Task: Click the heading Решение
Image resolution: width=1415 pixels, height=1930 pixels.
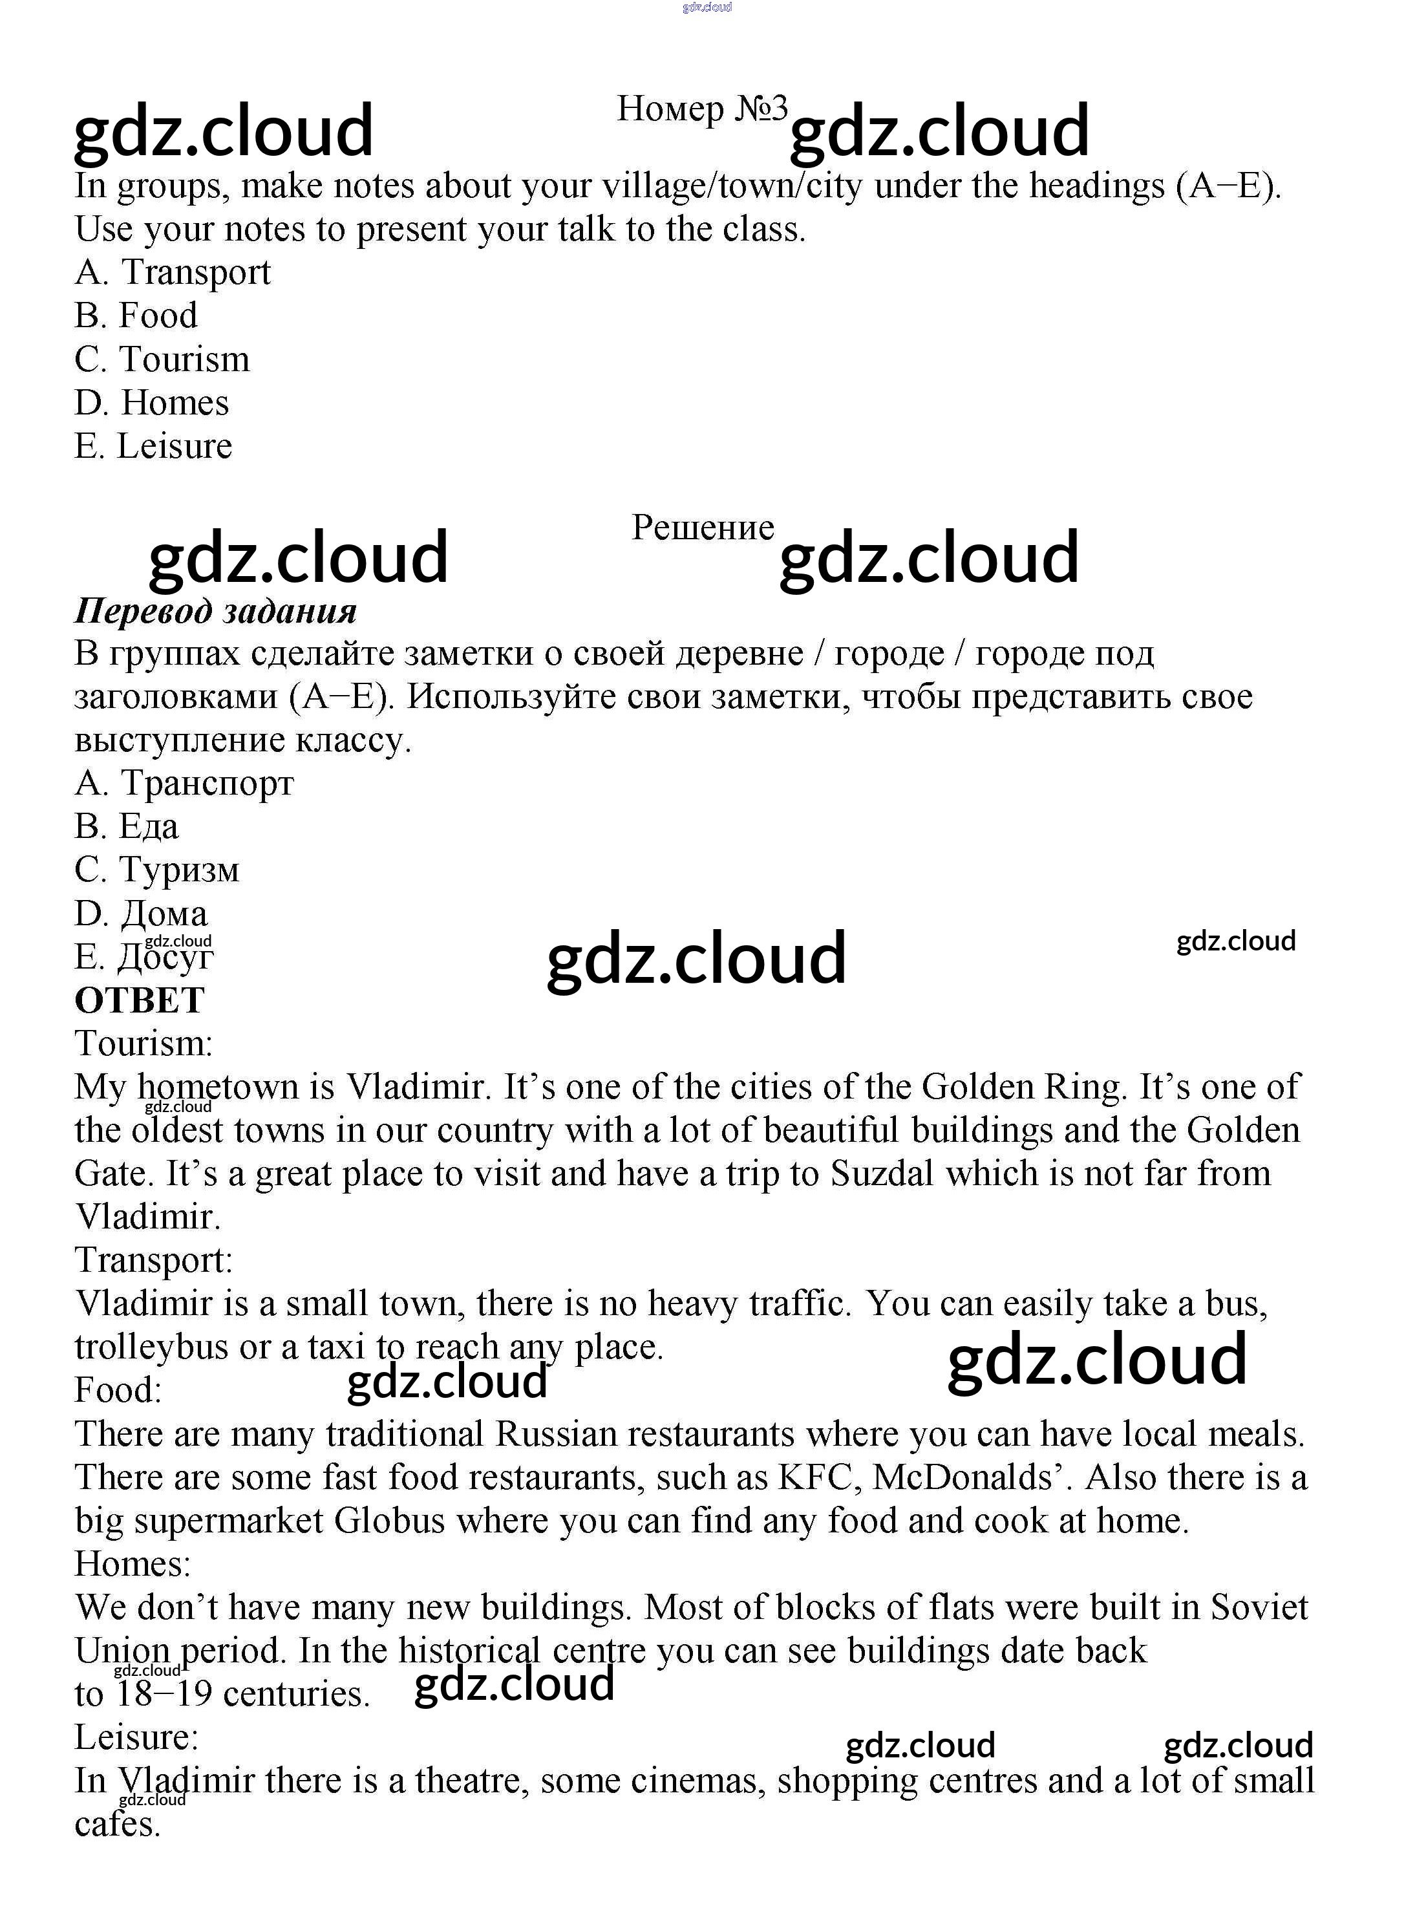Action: pyautogui.click(x=703, y=528)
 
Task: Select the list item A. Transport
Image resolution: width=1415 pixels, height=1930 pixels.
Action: pyautogui.click(x=172, y=272)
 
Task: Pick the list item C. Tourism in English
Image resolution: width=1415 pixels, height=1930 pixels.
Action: pyautogui.click(x=162, y=359)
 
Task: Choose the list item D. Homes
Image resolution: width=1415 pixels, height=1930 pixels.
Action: pyautogui.click(x=152, y=403)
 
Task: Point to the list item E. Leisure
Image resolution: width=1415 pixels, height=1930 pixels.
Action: pyautogui.click(x=153, y=446)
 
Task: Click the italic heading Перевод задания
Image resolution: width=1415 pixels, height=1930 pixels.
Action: pyautogui.click(x=215, y=611)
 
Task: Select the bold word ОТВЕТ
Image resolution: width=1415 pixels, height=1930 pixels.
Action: pyautogui.click(x=140, y=1000)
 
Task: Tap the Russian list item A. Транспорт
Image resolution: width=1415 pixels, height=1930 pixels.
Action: pyautogui.click(x=184, y=783)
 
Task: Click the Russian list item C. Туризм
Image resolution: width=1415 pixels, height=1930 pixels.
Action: pyautogui.click(x=156, y=870)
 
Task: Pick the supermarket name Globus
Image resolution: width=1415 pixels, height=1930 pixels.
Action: pyautogui.click(x=389, y=1521)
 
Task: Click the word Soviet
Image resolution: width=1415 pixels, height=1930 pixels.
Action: pyautogui.click(x=1259, y=1607)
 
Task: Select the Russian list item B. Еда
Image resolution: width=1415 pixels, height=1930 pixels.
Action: pyautogui.click(x=127, y=827)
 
